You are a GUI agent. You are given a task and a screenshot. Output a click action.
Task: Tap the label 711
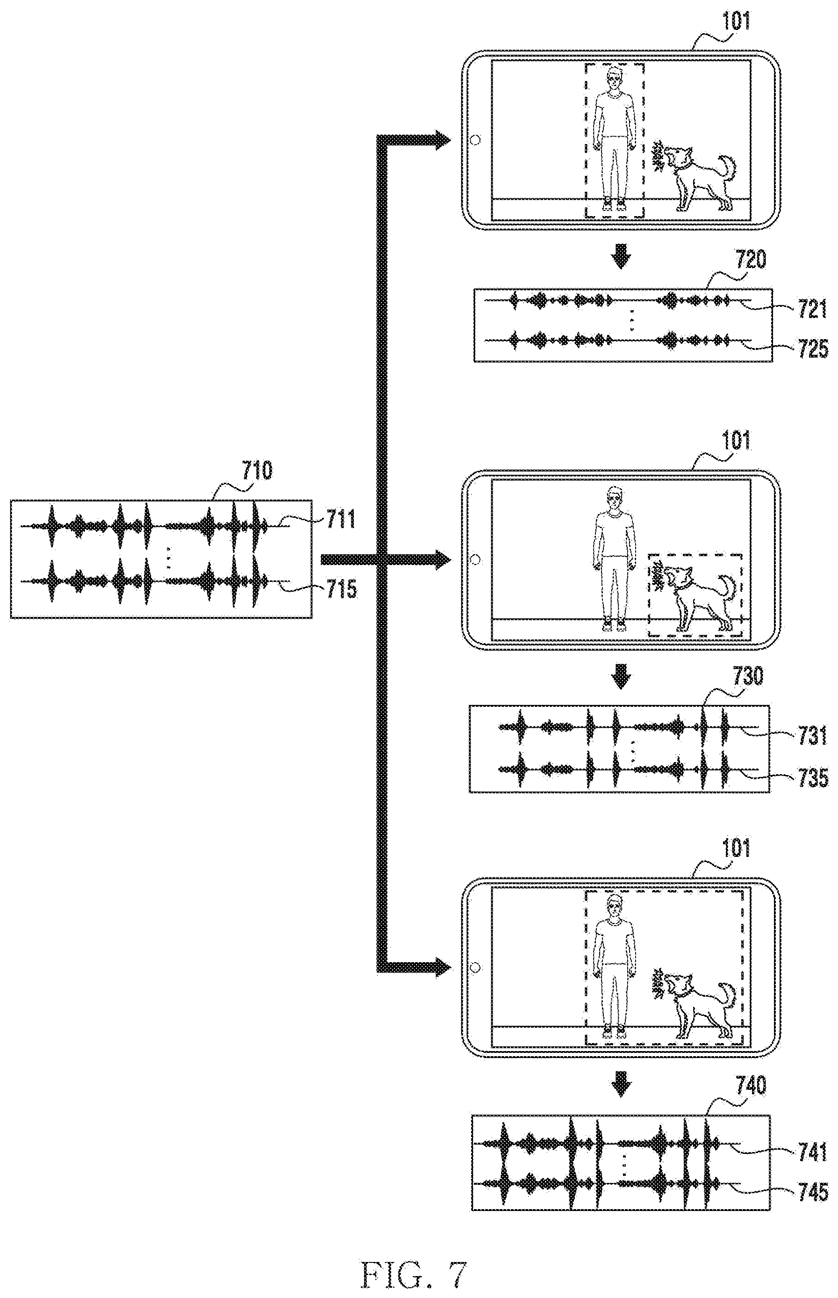[x=341, y=519]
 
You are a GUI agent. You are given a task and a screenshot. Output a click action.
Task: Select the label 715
[x=341, y=588]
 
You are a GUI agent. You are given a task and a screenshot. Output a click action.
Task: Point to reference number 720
[x=751, y=259]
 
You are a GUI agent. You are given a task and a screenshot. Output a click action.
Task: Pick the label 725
[x=813, y=349]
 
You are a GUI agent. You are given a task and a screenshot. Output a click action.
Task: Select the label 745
[x=813, y=1192]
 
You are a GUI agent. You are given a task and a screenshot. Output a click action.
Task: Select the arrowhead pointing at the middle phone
[x=440, y=559]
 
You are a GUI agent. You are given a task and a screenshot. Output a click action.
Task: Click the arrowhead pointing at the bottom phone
[x=440, y=967]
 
